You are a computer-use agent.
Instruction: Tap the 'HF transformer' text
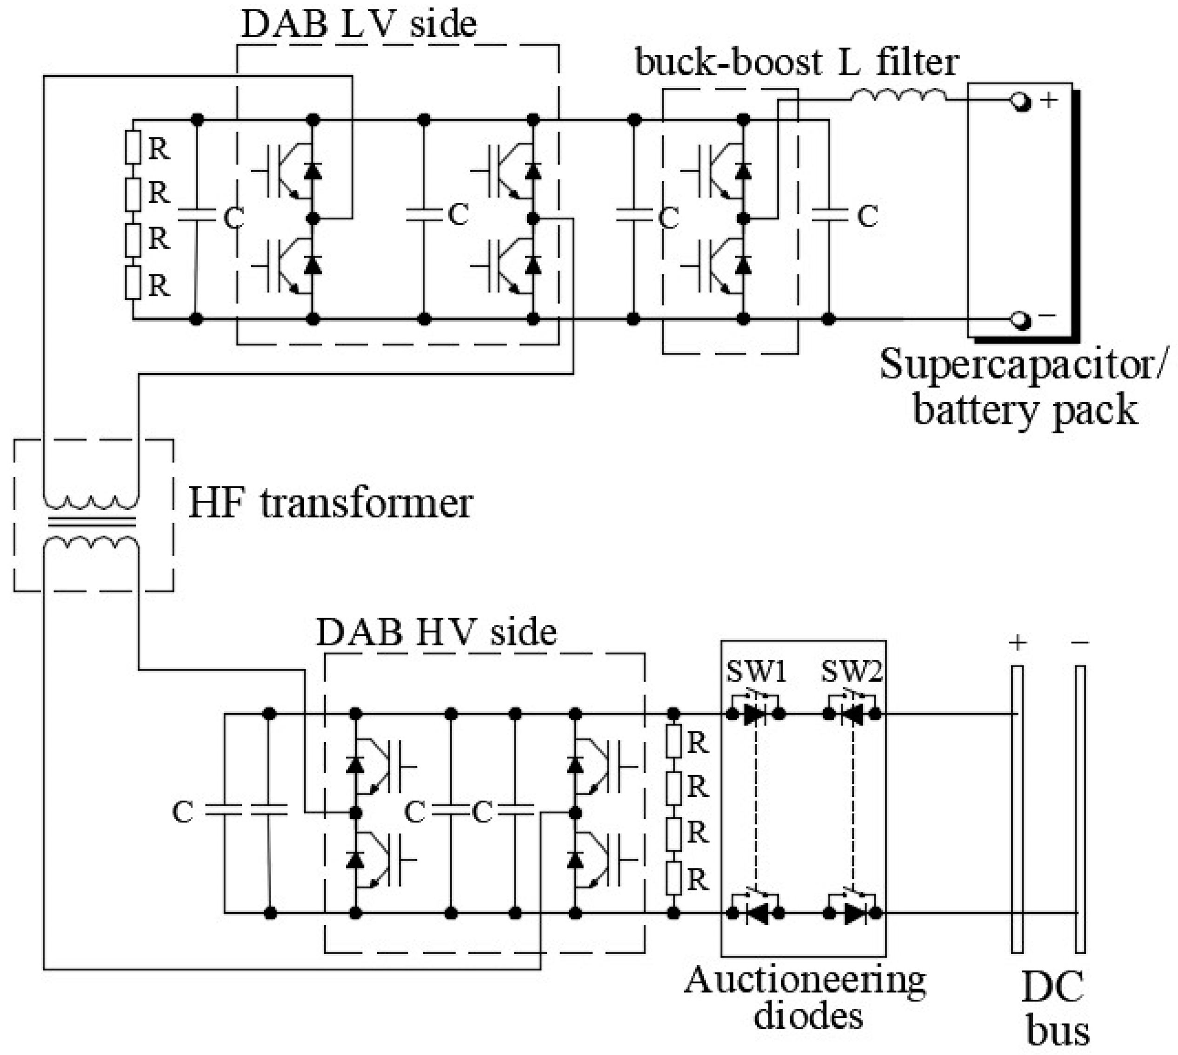(x=331, y=503)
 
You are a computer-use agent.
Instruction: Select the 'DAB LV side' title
(x=358, y=24)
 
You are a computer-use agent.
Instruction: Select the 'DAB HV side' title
(x=436, y=632)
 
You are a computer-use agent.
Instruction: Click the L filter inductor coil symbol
(x=898, y=96)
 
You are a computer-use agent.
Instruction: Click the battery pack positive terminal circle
(x=1020, y=102)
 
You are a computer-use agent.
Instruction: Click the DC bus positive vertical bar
(x=1017, y=809)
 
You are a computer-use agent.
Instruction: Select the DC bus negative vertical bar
(x=1079, y=809)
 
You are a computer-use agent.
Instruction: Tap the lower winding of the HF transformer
(x=91, y=543)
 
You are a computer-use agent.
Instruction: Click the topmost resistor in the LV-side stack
(x=133, y=147)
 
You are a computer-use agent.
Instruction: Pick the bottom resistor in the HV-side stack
(x=673, y=878)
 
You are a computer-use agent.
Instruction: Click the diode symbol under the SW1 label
(x=755, y=714)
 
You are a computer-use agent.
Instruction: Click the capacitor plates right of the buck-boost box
(x=829, y=216)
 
